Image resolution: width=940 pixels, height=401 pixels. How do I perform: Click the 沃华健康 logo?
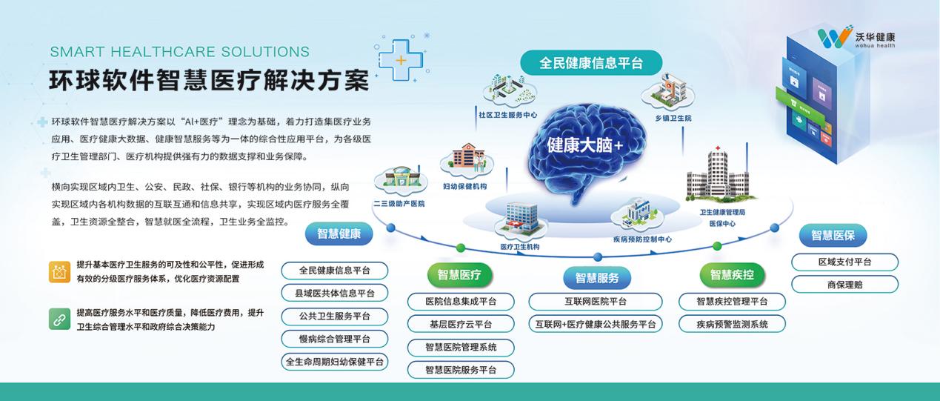856,36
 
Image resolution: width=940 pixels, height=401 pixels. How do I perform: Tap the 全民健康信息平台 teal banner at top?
591,63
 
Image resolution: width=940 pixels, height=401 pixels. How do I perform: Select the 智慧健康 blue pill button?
339,234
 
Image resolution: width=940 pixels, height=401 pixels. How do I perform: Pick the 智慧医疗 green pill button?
459,275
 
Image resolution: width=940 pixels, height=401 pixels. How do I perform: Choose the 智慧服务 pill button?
597,278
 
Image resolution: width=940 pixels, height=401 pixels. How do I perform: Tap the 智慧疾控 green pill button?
732,275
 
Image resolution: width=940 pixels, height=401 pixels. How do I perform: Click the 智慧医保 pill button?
833,235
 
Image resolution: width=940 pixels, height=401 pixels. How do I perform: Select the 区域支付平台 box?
844,262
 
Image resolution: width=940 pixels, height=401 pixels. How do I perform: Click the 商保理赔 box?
844,285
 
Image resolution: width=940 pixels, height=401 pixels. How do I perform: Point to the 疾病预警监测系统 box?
732,324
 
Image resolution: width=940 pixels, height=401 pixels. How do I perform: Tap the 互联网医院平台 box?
596,302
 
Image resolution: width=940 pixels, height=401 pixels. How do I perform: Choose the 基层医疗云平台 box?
461,324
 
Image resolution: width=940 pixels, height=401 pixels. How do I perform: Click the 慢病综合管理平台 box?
335,339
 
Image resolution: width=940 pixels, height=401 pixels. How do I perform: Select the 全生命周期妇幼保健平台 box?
335,362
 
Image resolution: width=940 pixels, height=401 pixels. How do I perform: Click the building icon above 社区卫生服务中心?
510,90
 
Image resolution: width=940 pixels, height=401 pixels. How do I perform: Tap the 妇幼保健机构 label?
465,187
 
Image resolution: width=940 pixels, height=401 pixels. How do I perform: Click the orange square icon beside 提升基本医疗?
59,272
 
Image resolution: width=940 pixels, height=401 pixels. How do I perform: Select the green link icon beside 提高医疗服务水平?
59,319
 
